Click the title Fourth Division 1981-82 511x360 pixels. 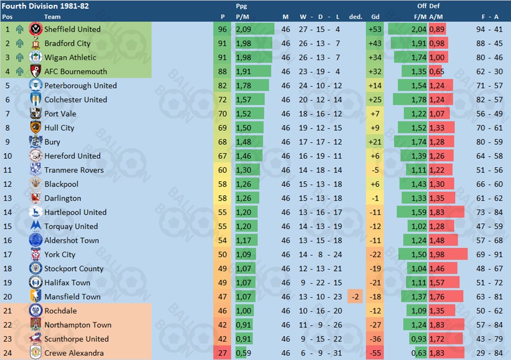click(x=46, y=6)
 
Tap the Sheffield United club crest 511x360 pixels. click(x=36, y=29)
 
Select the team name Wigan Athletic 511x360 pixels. click(x=70, y=57)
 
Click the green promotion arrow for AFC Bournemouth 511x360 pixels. click(x=20, y=72)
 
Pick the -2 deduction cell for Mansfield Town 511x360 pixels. click(x=355, y=297)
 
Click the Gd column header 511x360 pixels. click(x=375, y=17)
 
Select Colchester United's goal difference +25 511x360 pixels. click(x=374, y=100)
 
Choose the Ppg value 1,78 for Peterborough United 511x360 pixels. click(x=243, y=86)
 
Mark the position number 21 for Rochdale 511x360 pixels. click(x=8, y=311)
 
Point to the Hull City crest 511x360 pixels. click(x=36, y=128)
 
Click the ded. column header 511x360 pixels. click(x=355, y=17)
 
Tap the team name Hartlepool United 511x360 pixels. click(x=75, y=213)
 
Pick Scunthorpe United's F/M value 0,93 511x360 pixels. click(x=419, y=339)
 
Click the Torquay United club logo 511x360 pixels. click(x=36, y=227)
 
